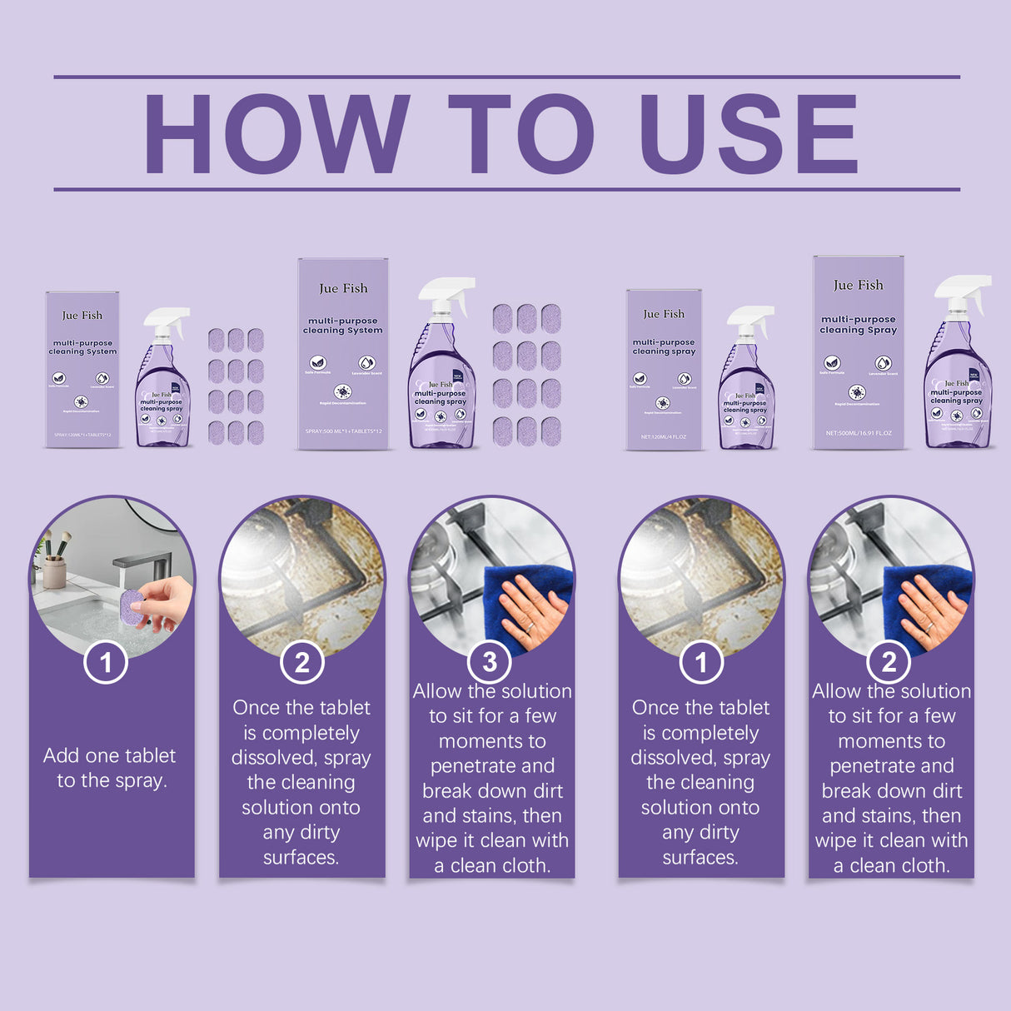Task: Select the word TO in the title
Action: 521,133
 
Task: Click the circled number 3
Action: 490,662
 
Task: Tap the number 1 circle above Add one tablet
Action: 106,663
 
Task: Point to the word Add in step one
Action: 61,755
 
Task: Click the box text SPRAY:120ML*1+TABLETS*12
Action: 82,435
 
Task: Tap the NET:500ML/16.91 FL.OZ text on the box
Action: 859,433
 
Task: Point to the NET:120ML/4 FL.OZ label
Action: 664,436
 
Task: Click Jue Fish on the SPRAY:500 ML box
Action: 343,288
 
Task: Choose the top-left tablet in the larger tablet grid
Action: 502,317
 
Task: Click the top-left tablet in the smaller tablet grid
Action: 217,339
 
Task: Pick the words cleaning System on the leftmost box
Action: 82,352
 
